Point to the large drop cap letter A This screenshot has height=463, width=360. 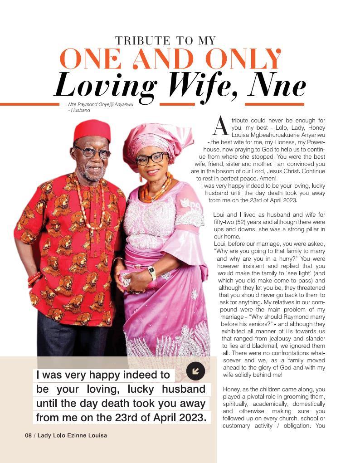[x=220, y=126]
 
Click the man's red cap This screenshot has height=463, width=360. [x=92, y=131]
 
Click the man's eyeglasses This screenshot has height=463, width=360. [x=93, y=152]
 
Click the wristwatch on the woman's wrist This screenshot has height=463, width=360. [x=152, y=273]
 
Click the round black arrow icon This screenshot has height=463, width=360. [x=195, y=371]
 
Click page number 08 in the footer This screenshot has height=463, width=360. [x=28, y=435]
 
